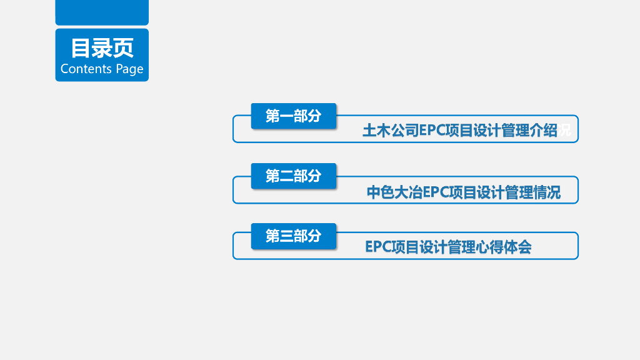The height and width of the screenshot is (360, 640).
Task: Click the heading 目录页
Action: pos(102,48)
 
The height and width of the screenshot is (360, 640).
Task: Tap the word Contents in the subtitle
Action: pos(86,69)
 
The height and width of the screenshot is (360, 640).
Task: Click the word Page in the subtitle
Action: pos(129,69)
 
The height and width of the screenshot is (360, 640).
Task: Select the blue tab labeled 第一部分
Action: pos(293,116)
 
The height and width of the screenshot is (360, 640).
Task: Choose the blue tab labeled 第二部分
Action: pos(293,176)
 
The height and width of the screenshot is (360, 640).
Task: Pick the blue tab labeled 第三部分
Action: pos(293,236)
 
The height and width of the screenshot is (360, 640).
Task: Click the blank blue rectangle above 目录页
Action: pos(102,12)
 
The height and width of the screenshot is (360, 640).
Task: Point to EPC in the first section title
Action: pos(432,131)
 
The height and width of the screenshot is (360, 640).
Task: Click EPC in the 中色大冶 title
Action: pos(436,192)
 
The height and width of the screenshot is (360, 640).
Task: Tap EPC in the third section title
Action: pos(378,247)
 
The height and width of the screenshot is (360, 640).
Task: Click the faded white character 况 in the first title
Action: pos(564,131)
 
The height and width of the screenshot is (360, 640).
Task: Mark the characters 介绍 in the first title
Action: pos(543,131)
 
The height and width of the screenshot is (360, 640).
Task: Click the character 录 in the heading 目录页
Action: pos(102,48)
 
